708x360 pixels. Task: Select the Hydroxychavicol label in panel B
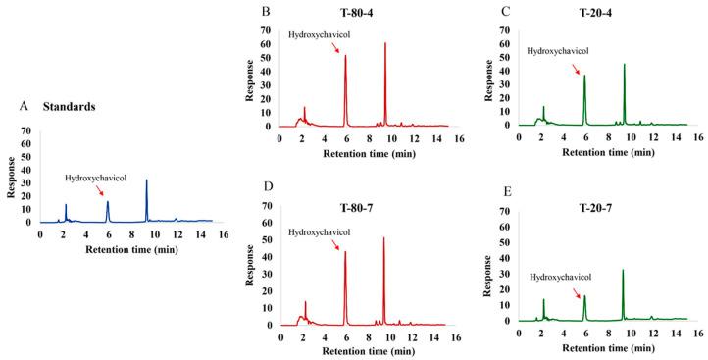[320, 35]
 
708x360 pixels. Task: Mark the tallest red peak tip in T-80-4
[385, 43]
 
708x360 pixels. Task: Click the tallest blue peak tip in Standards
[146, 180]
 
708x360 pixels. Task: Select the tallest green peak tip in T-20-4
[624, 65]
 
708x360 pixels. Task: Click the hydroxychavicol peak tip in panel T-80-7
[345, 251]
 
